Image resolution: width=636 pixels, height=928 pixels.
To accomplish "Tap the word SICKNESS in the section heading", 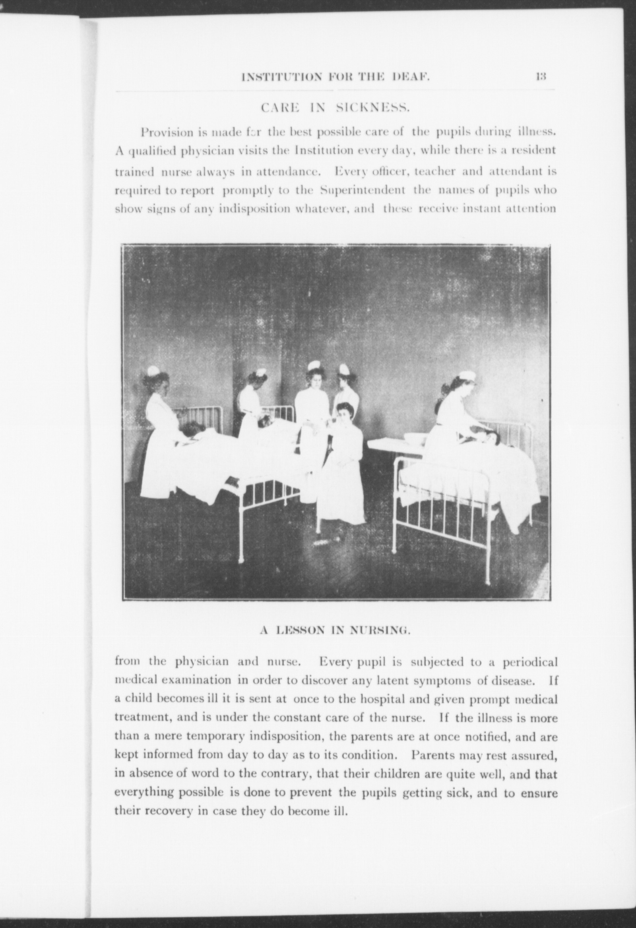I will [x=371, y=108].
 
